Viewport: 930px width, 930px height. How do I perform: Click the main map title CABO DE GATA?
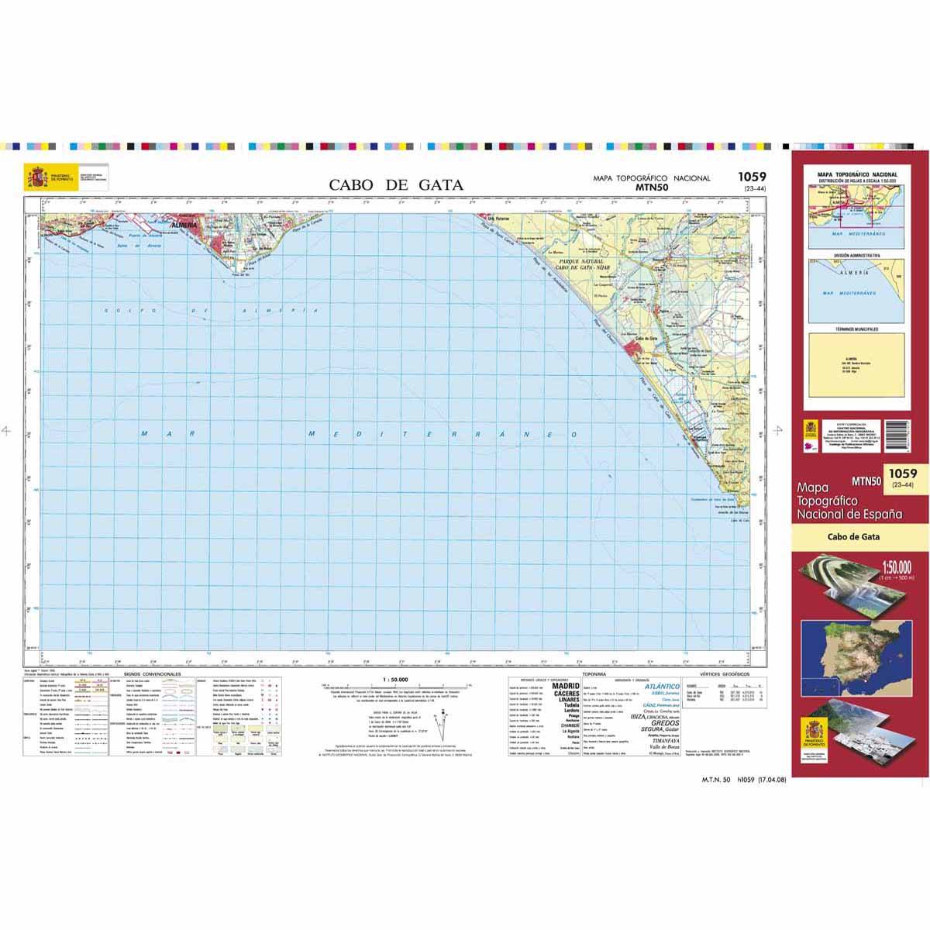[x=396, y=184]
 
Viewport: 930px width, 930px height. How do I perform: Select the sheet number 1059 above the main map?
[x=753, y=177]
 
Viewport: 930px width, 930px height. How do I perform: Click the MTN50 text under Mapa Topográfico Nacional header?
[x=651, y=187]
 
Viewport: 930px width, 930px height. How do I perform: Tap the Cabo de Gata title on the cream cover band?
[x=853, y=536]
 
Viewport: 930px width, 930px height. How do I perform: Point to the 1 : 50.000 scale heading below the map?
[x=395, y=680]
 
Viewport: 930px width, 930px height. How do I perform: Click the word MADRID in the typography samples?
[x=564, y=687]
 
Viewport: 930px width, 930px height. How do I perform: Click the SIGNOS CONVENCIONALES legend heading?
[x=147, y=674]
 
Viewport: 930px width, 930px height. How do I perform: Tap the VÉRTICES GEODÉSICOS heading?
[x=725, y=675]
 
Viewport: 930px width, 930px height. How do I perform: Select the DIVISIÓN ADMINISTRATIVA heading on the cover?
[x=853, y=255]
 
